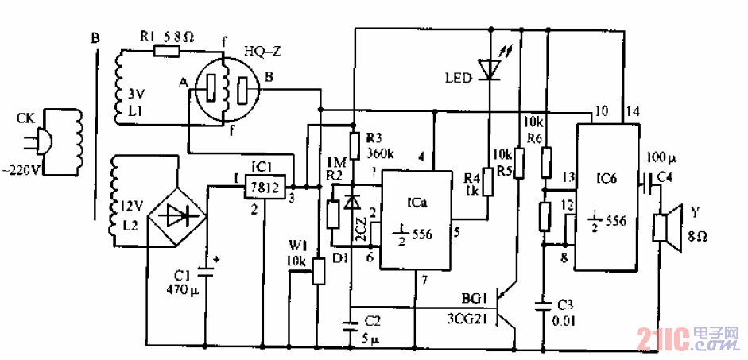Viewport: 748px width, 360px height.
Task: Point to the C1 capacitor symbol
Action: pos(206,270)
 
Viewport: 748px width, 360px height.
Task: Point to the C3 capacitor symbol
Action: pos(545,304)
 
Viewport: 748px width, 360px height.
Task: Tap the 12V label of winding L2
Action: pos(126,207)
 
